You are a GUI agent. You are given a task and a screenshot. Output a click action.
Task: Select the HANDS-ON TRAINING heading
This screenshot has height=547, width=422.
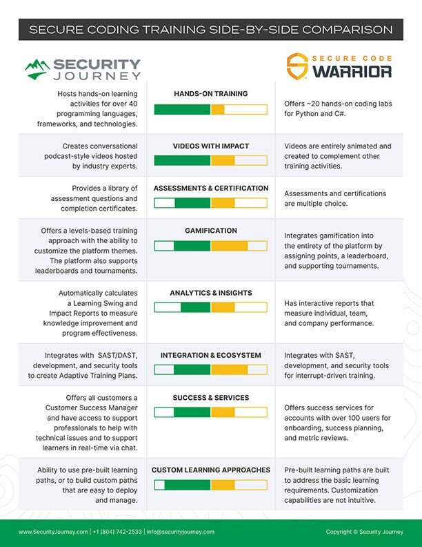click(210, 93)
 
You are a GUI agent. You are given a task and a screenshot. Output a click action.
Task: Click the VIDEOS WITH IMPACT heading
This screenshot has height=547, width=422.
click(210, 146)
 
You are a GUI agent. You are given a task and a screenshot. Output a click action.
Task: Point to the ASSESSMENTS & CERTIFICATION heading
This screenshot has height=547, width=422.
click(210, 188)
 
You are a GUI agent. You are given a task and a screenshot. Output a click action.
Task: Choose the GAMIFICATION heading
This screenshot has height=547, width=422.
click(210, 231)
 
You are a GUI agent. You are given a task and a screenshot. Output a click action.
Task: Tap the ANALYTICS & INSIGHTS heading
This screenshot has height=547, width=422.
click(210, 293)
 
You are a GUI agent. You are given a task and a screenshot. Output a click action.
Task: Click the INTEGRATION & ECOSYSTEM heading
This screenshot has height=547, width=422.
click(210, 355)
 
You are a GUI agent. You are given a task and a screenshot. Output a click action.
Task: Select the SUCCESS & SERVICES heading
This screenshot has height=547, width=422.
click(210, 398)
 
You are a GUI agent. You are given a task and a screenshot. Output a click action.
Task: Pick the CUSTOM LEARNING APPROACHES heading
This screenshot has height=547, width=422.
click(210, 470)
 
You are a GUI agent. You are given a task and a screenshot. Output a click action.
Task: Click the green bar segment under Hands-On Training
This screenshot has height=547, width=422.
click(182, 109)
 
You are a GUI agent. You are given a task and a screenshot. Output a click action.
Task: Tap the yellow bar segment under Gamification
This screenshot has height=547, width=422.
click(229, 246)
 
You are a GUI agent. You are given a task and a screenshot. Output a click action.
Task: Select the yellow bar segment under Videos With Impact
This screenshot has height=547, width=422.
click(223, 161)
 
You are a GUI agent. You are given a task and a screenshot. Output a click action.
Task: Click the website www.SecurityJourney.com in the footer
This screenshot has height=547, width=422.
click(52, 532)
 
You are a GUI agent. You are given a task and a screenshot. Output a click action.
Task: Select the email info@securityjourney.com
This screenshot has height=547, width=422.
click(180, 532)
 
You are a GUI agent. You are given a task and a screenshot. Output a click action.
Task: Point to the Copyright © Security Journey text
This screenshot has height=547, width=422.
click(364, 532)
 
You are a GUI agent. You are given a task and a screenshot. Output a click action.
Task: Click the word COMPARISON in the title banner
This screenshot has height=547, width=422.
click(345, 30)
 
